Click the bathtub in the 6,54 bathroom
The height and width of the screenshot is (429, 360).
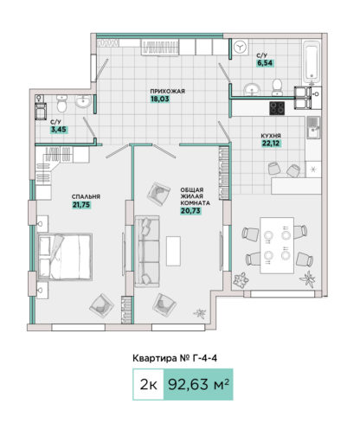pos(312,61)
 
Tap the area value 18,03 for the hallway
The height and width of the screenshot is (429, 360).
pos(160,99)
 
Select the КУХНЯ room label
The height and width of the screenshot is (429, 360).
pos(271,136)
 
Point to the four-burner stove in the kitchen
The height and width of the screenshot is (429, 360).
pos(277,108)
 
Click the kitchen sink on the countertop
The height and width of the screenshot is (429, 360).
pos(313,128)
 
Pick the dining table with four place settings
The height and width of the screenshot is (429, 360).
pos(277,246)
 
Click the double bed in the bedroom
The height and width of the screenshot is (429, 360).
pos(65,257)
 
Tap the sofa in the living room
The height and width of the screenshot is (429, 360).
pos(147,251)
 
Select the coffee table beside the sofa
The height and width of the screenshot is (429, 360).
pos(173,251)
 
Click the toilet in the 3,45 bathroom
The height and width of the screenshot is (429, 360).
pos(61,104)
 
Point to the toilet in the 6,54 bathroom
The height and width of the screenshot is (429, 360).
pos(278,86)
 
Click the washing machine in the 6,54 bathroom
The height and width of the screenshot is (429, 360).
pos(241,47)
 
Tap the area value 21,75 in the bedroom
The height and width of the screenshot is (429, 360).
pos(81,205)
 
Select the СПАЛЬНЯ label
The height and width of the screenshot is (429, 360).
pos(86,197)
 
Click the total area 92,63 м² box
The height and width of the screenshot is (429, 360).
pos(198,384)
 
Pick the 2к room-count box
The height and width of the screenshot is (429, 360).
pos(148,384)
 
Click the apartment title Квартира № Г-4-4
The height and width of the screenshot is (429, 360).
pos(175,358)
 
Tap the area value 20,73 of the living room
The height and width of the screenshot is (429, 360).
pos(190,211)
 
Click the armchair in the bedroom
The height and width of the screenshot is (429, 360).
pos(101,305)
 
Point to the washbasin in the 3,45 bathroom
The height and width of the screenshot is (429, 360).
pos(83,101)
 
